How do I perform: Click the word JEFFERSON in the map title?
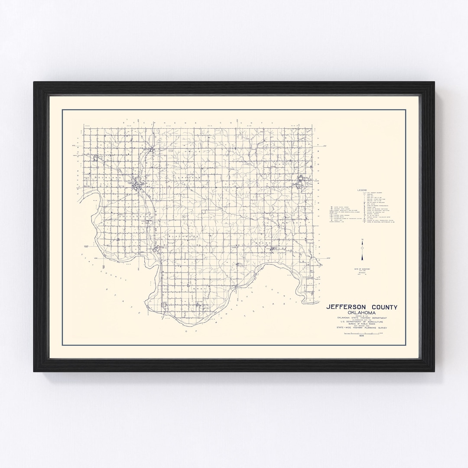coord(349,307)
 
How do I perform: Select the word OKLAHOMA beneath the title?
coord(361,313)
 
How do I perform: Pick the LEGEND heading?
coord(362,190)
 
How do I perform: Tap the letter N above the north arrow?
coord(363,240)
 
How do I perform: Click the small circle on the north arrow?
coord(363,247)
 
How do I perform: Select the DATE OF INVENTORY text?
coord(362,269)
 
